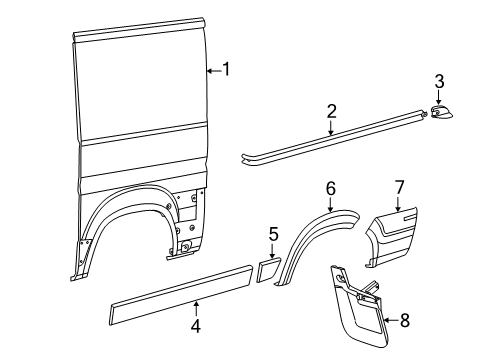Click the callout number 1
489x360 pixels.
(226, 69)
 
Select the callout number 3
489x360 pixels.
(438, 81)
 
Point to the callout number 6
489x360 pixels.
(330, 187)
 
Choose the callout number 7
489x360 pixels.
(398, 187)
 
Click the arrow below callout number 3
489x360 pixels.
(438, 96)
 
